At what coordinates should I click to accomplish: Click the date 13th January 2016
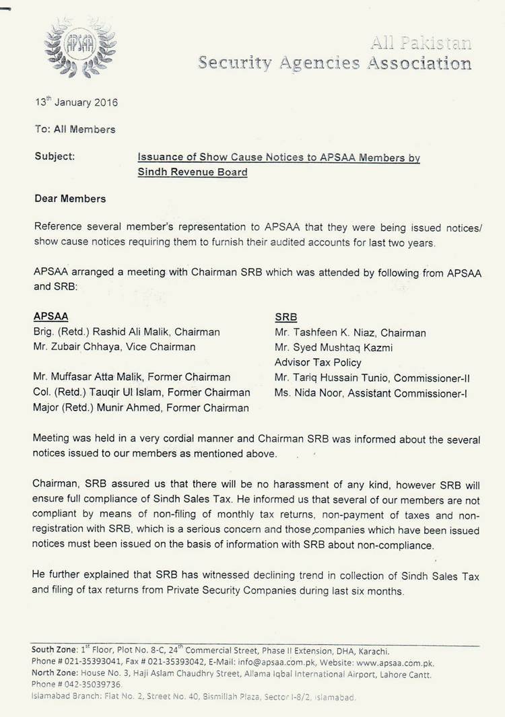coord(76,103)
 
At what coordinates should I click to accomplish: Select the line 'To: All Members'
coord(74,129)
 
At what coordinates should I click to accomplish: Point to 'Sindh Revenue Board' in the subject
coord(193,172)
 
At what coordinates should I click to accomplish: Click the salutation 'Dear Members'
coord(69,199)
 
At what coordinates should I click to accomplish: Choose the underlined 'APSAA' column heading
coord(50,316)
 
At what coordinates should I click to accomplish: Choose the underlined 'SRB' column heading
coord(286,316)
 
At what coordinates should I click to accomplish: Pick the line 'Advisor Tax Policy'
coord(315,362)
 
